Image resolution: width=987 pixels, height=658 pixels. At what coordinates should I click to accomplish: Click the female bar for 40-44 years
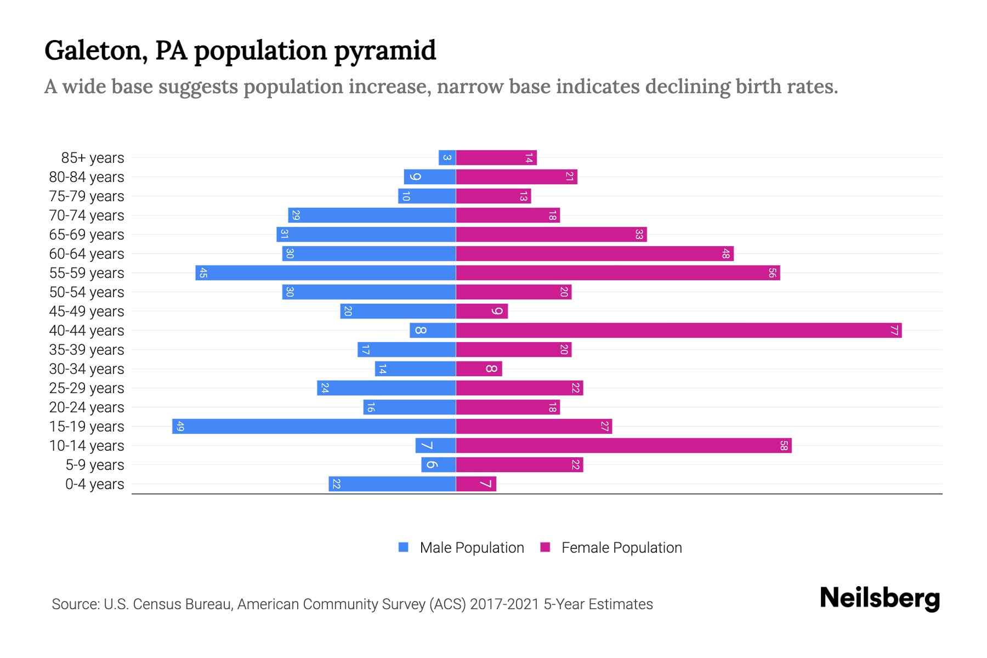click(679, 331)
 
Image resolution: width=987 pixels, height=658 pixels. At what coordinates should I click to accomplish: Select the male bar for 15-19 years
click(314, 427)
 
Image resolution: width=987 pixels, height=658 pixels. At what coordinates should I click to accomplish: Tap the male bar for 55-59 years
click(326, 273)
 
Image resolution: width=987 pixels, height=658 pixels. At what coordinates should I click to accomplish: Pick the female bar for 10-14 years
click(623, 446)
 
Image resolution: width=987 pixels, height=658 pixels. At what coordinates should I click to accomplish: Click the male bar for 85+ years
click(447, 158)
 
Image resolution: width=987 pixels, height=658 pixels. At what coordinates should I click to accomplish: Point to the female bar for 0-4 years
click(476, 484)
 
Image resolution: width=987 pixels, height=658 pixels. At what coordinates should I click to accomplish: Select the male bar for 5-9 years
click(438, 465)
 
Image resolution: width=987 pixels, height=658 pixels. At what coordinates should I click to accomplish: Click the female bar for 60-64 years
click(594, 254)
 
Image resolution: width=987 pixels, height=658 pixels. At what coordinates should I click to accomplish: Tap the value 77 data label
click(894, 331)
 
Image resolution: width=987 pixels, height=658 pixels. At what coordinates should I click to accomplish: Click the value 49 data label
click(180, 427)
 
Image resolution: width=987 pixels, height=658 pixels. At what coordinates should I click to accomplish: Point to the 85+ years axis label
click(92, 158)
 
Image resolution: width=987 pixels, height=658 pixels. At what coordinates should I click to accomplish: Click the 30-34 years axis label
click(87, 369)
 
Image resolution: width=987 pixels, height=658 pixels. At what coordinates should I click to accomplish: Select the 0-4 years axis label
click(94, 484)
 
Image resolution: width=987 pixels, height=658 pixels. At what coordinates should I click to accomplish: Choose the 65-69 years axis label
click(87, 235)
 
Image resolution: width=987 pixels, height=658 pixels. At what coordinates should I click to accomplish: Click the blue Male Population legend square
click(404, 547)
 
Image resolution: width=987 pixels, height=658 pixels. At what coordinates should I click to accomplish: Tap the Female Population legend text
click(621, 548)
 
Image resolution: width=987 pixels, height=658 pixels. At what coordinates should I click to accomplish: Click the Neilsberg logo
click(880, 598)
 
